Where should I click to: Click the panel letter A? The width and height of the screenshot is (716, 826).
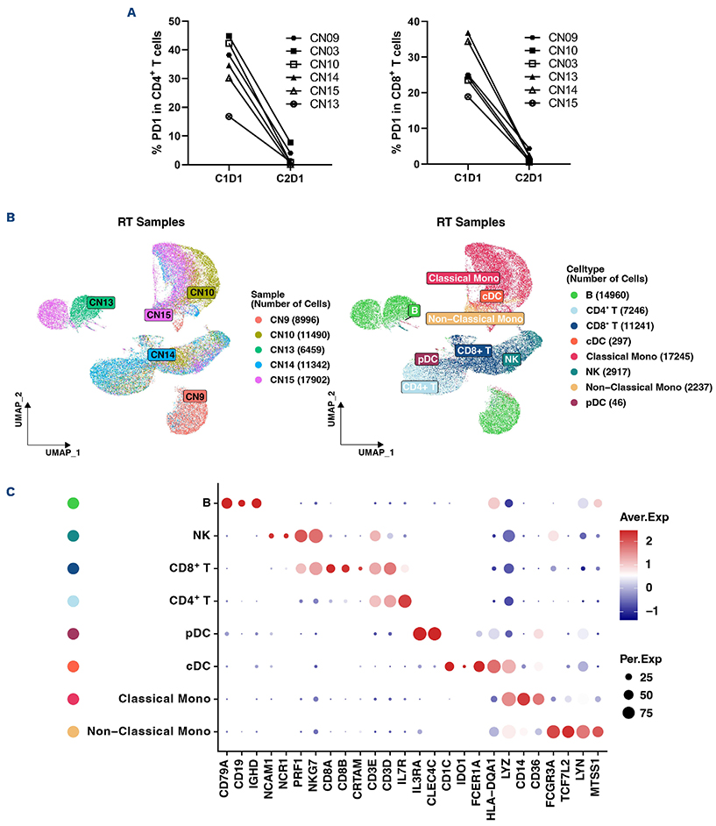(x=131, y=12)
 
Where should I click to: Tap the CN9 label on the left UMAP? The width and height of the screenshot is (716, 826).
(x=195, y=397)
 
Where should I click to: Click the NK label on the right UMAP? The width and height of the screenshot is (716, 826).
(x=512, y=358)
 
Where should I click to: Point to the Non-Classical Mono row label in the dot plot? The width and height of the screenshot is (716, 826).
(x=149, y=730)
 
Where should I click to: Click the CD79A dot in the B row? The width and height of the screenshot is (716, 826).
(x=227, y=502)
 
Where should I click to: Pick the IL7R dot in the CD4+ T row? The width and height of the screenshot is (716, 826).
(x=405, y=601)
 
